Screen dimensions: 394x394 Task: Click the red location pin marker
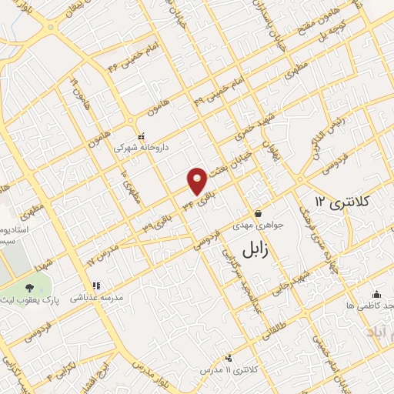click(x=198, y=180)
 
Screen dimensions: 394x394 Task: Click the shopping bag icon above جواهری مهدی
click(x=259, y=213)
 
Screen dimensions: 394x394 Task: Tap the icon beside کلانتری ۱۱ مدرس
click(x=228, y=358)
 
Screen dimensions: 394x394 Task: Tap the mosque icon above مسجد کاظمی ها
click(x=376, y=294)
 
